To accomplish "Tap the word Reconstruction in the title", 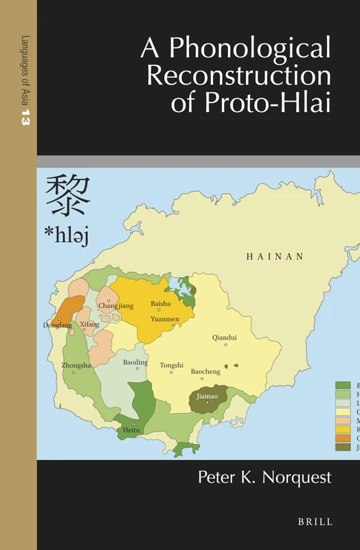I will pyautogui.click(x=238, y=76).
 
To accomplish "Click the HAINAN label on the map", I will pyautogui.click(x=275, y=256).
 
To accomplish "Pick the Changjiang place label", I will pyautogui.click(x=114, y=305).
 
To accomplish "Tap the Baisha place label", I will pyautogui.click(x=161, y=304).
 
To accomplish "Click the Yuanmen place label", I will pyautogui.click(x=165, y=319).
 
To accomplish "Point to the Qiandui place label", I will pyautogui.click(x=225, y=338).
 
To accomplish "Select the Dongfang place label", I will pyautogui.click(x=57, y=325).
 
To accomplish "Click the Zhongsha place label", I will pyautogui.click(x=76, y=365).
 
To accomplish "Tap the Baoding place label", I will pyautogui.click(x=135, y=362).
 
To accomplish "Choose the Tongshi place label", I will pyautogui.click(x=172, y=365).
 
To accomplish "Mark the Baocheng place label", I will pyautogui.click(x=205, y=371).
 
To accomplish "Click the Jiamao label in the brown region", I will pyautogui.click(x=207, y=396).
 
